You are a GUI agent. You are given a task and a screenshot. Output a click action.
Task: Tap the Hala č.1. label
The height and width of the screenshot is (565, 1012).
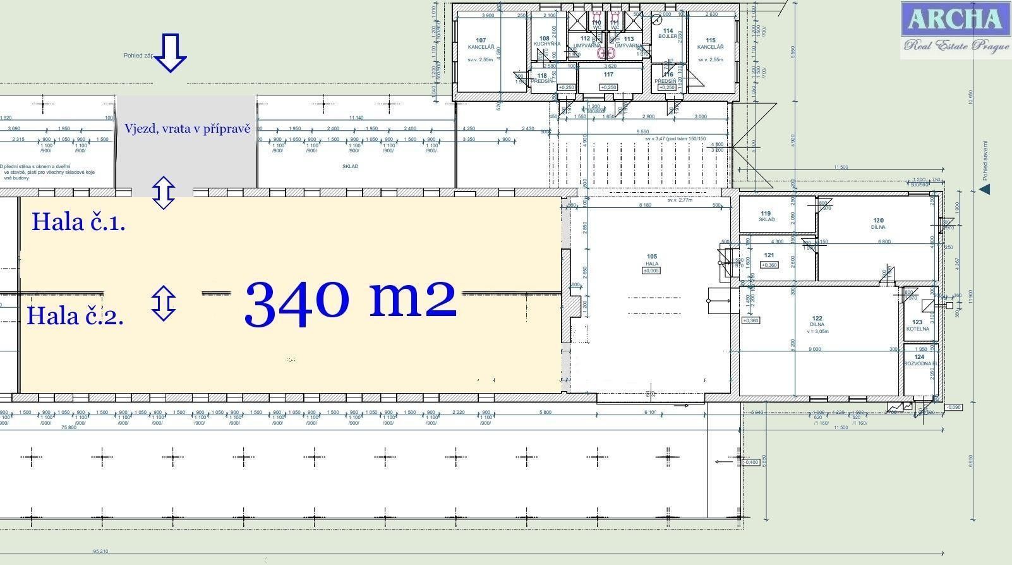click(78, 222)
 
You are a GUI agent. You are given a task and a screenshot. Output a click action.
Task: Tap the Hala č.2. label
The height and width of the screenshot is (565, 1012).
click(75, 315)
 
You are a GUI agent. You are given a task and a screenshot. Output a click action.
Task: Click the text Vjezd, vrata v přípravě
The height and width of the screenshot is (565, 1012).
click(187, 129)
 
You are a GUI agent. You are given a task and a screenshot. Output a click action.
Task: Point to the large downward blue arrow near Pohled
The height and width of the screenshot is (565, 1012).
click(170, 53)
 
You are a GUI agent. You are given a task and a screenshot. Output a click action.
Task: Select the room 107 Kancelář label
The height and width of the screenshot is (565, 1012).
click(481, 44)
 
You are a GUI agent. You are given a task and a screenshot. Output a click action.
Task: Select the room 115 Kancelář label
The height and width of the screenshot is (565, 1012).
click(710, 44)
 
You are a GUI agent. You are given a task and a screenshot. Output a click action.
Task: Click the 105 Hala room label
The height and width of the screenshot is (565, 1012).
click(651, 260)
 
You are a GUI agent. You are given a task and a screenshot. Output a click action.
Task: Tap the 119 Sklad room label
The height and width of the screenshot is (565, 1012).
click(766, 216)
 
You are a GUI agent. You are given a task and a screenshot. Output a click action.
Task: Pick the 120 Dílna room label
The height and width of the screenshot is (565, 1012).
click(878, 224)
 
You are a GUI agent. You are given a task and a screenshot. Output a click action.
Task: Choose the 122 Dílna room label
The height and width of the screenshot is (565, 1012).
click(817, 322)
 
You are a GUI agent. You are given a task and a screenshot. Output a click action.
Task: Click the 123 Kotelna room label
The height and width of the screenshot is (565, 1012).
click(918, 325)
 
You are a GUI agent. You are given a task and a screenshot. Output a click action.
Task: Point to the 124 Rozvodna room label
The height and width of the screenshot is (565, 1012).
click(920, 360)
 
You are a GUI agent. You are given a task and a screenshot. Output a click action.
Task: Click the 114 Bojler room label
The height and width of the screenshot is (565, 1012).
click(668, 33)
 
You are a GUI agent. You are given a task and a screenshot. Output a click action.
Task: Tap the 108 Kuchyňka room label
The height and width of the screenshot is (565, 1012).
click(545, 41)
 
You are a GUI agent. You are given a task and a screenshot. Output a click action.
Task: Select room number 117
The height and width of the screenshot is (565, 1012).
click(608, 75)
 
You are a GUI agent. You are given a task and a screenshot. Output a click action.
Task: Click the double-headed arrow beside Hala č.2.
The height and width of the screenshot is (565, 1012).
click(164, 303)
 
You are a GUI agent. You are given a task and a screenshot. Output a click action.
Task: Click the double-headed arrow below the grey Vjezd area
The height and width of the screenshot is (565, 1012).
click(164, 193)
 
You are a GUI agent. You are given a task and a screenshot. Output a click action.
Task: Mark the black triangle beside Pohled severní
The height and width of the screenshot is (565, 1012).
click(984, 189)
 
